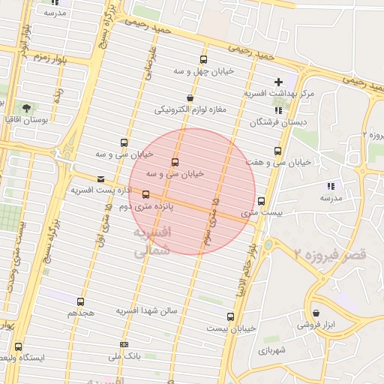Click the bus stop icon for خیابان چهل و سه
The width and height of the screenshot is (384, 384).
coord(202,60)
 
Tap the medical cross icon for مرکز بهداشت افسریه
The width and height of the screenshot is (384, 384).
coord(278,82)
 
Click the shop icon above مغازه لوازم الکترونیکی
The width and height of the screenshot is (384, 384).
coord(190,97)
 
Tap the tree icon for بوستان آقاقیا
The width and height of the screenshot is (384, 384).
coord(28,109)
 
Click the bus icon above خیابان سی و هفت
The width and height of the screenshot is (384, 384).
coord(279,150)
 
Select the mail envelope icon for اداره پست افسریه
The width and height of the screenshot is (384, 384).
coord(101,178)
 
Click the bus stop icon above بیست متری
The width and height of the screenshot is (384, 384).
coord(261,201)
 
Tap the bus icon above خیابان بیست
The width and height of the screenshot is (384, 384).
coord(229,316)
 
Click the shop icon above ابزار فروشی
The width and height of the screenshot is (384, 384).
coord(315,313)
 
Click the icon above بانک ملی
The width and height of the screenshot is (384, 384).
coord(124,345)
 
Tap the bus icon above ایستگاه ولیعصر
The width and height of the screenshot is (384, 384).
coord(18,346)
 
